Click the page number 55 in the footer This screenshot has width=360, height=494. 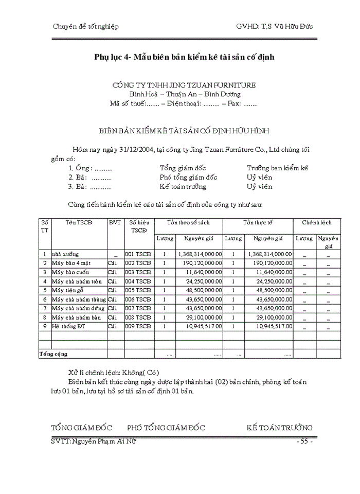click(304, 441)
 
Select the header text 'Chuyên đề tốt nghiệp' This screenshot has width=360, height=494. click(85, 26)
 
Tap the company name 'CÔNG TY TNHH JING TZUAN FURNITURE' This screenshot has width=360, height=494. click(184, 85)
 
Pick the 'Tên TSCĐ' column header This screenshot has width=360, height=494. click(79, 222)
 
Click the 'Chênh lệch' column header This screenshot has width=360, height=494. click(317, 222)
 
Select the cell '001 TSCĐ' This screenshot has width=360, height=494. click(138, 254)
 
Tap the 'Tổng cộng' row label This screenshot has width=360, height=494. click(53, 354)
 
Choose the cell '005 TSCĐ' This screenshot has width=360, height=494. click(138, 290)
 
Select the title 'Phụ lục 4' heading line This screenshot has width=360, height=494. click(184, 57)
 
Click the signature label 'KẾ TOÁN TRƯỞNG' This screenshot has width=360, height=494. click(279, 428)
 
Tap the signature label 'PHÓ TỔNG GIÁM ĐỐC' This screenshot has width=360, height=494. click(166, 428)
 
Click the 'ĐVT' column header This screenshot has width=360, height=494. click(115, 222)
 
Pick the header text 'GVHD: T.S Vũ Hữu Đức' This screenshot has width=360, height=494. click(274, 26)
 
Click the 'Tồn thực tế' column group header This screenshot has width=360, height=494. click(258, 222)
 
